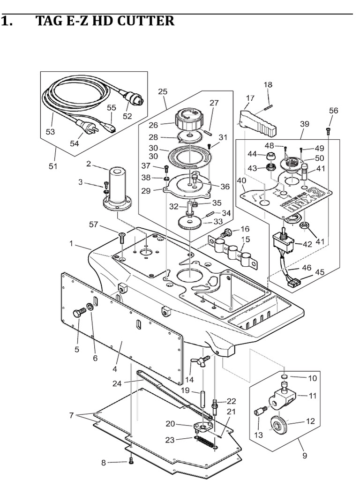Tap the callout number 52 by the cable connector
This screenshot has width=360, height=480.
coord(127,116)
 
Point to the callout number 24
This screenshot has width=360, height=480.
coord(117,383)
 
